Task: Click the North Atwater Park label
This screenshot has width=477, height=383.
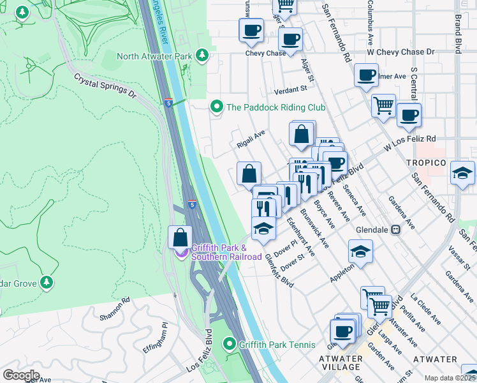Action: click(154, 56)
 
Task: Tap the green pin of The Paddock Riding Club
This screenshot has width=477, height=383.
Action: click(217, 107)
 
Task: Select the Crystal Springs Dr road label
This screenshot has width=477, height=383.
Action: click(105, 85)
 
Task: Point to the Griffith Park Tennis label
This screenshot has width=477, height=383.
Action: click(277, 345)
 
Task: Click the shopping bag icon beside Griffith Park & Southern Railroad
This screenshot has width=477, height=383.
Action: click(180, 237)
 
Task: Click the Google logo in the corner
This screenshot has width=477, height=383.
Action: click(20, 375)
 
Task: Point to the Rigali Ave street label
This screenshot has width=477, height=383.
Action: click(251, 139)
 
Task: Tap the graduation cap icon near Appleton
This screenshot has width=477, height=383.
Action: click(360, 252)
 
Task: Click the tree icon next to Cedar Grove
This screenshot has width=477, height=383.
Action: click(46, 282)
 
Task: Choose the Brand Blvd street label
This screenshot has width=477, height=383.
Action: click(457, 36)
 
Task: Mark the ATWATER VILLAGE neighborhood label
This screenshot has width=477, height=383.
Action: click(341, 363)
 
